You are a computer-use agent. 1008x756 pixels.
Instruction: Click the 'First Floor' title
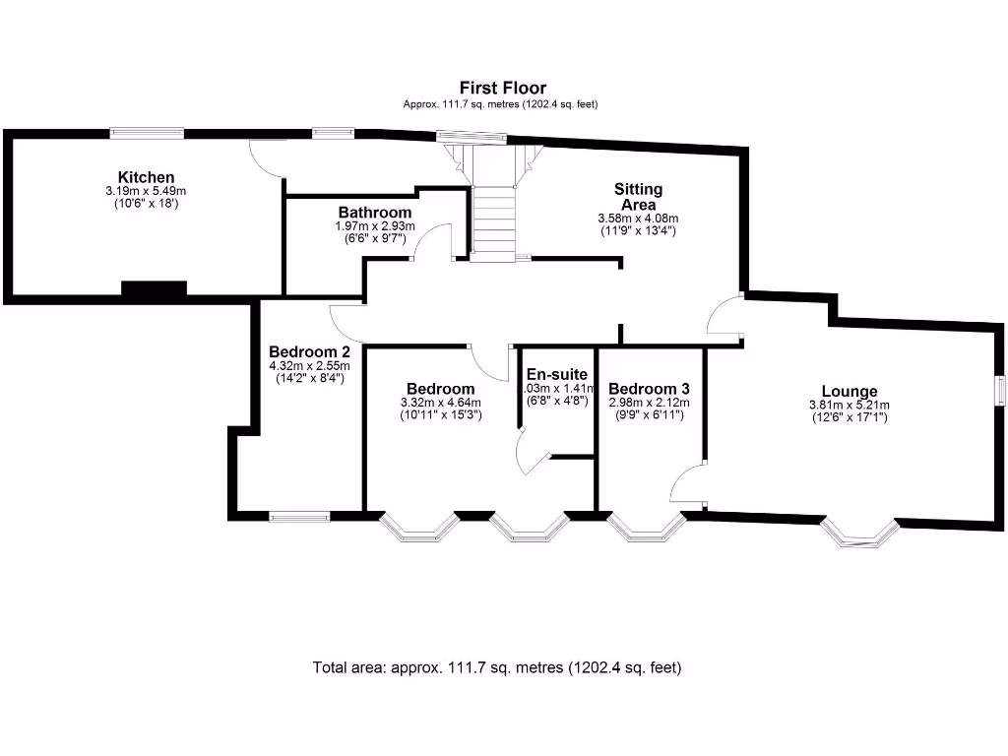pyautogui.click(x=502, y=88)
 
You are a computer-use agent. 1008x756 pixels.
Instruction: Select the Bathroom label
pyautogui.click(x=374, y=213)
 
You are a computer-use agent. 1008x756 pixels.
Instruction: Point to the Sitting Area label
pyautogui.click(x=638, y=196)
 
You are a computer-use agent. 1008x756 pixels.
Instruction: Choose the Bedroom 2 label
pyautogui.click(x=309, y=351)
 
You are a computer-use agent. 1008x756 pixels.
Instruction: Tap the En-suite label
pyautogui.click(x=557, y=374)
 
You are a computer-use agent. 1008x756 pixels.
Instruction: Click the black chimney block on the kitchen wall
pyautogui.click(x=154, y=287)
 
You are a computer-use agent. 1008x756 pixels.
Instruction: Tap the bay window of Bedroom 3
pyautogui.click(x=647, y=528)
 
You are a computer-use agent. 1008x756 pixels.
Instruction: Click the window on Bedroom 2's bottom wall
pyautogui.click(x=300, y=515)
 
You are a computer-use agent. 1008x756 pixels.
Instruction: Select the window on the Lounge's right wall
pyautogui.click(x=999, y=390)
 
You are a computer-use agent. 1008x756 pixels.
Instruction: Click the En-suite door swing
pyautogui.click(x=532, y=456)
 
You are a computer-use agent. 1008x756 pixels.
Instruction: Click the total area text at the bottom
pyautogui.click(x=497, y=667)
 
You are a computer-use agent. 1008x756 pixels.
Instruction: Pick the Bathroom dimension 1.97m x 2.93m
pyautogui.click(x=374, y=226)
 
